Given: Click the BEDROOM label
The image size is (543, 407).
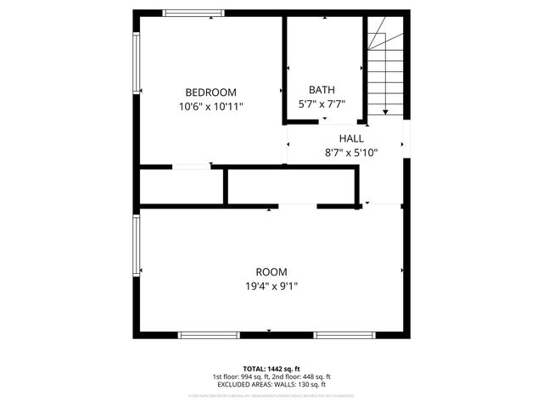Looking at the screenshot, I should coord(210,92).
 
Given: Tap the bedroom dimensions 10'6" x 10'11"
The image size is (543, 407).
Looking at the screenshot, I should coord(210,107).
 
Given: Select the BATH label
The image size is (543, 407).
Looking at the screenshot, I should coord(322,90).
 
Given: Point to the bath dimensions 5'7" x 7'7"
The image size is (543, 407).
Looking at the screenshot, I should coord(322,104).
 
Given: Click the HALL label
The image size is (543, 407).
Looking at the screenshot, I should coord(351,138).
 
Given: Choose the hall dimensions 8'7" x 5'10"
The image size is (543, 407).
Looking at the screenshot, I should coord(351,153).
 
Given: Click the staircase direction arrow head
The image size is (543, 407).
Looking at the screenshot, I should coord(384,111).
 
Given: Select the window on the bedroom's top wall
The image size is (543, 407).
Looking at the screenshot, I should coord(193,13).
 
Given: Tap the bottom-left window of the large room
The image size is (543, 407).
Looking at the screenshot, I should coord(209,335).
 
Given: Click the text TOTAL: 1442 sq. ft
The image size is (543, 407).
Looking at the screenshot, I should coord(271,368).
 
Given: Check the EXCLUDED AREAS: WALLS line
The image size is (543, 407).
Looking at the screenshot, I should coord(271,385).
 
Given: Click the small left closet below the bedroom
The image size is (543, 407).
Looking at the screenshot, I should coord(181,187).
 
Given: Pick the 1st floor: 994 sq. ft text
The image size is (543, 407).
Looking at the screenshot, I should coord(241,376).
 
